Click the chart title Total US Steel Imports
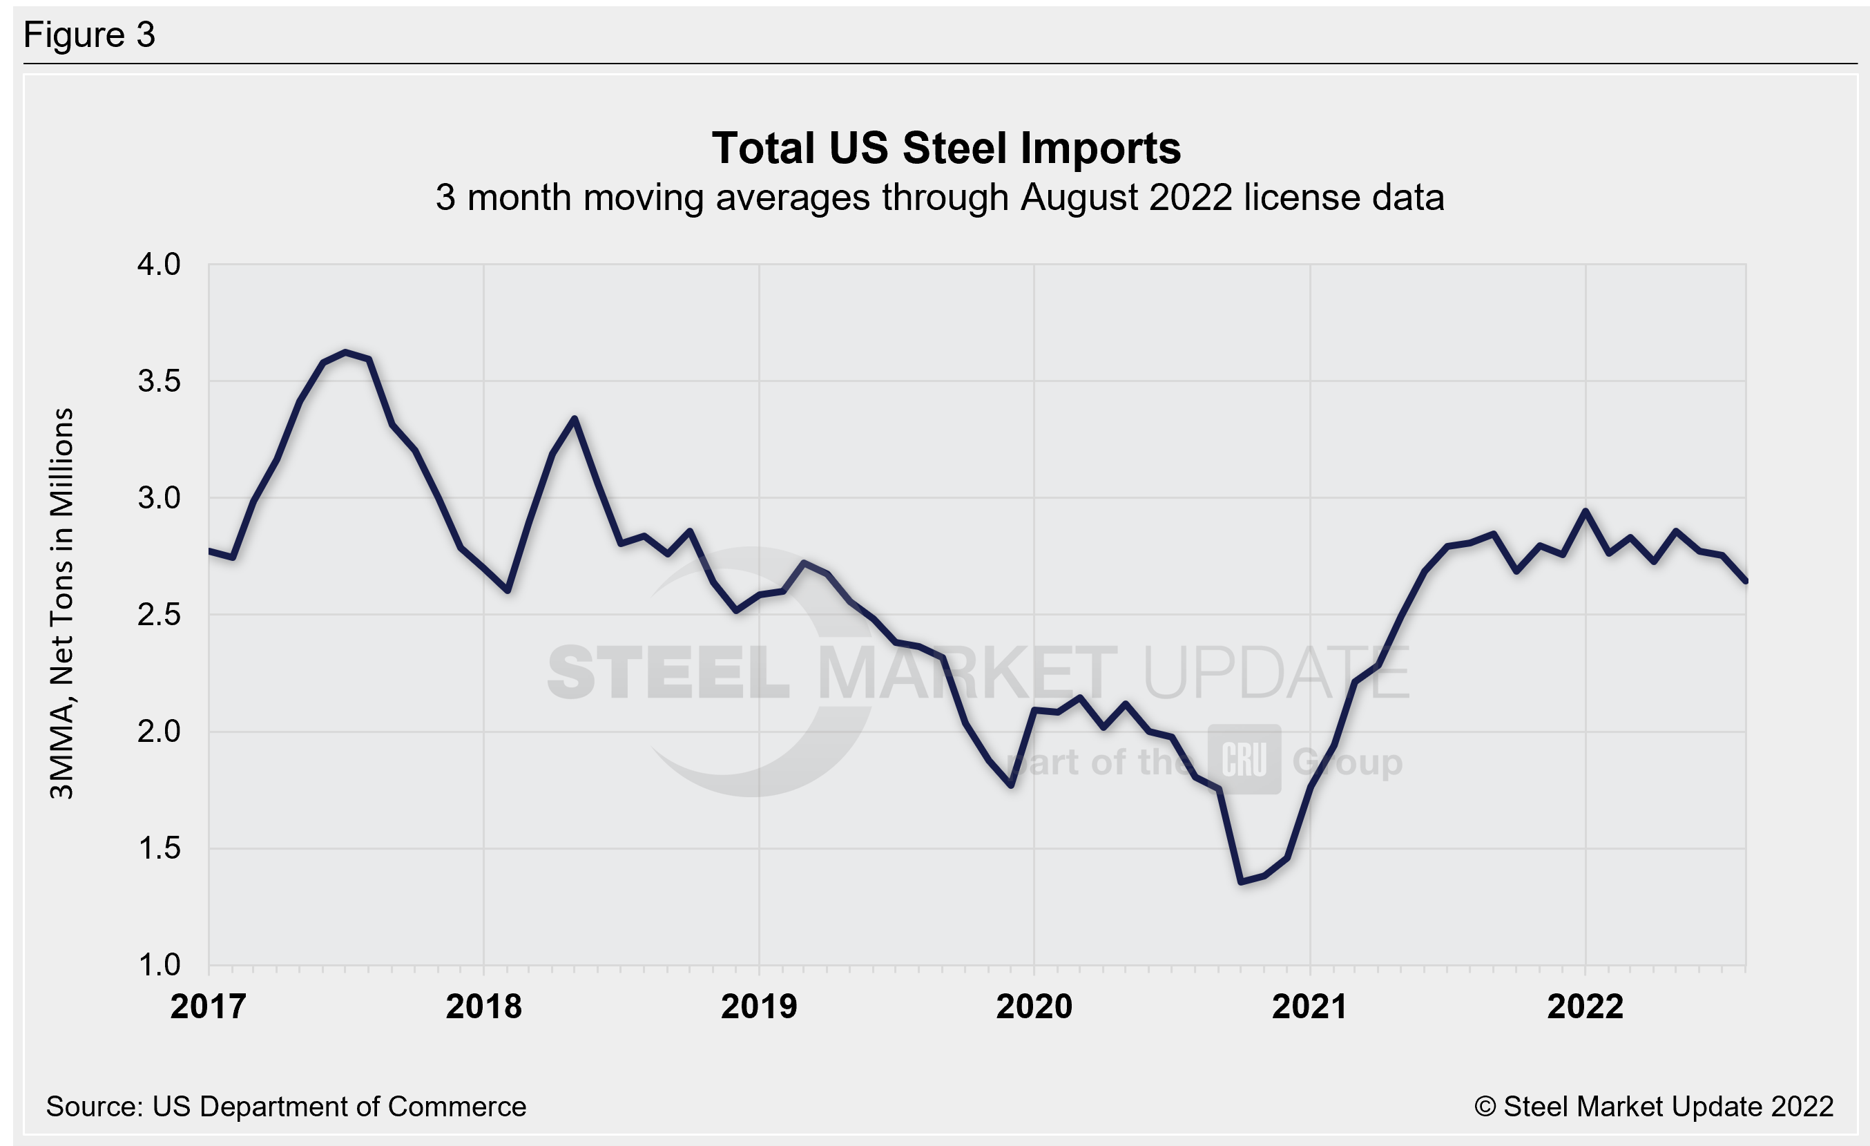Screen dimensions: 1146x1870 (945, 148)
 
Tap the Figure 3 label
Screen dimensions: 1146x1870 (90, 35)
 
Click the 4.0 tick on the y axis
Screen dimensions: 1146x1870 (159, 265)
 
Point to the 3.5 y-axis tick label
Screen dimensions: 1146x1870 (159, 381)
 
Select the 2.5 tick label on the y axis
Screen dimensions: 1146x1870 (159, 615)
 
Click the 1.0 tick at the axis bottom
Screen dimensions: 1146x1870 (159, 966)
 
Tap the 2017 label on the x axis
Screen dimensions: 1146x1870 (208, 1007)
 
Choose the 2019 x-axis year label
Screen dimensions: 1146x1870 (759, 1007)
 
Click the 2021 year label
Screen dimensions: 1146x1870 (1309, 1007)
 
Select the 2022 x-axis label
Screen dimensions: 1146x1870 (1585, 1007)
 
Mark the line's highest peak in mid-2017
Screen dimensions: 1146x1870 (345, 352)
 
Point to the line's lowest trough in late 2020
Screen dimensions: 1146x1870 (1240, 882)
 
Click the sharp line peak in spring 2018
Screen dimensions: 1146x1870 (575, 418)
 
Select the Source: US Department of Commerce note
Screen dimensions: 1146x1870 (286, 1107)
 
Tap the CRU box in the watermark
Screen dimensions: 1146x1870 (1244, 760)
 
